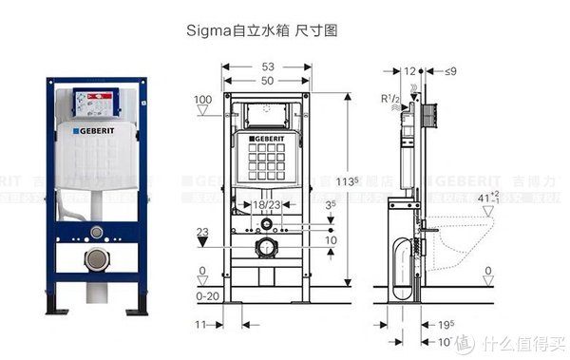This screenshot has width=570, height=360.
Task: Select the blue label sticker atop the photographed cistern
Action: point(95,99)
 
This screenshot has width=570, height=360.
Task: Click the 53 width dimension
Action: point(270,67)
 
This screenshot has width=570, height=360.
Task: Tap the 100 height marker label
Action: point(202,100)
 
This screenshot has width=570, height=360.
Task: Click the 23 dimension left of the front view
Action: point(200,231)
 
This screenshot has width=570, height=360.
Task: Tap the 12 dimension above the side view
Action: point(409,70)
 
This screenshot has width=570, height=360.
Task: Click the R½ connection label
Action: point(389,99)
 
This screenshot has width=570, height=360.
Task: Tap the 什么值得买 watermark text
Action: point(523,342)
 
